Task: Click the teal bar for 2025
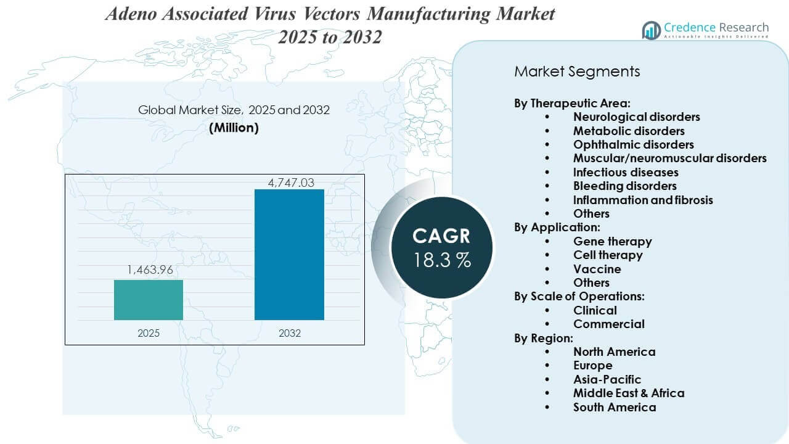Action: coord(148,300)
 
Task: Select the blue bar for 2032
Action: coord(289,254)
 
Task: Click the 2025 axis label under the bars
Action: coord(148,333)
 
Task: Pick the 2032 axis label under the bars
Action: coord(289,333)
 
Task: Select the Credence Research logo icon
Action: coord(651,30)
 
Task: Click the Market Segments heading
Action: coord(577,72)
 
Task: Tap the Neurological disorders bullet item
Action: coord(636,117)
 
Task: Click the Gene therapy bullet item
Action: coord(612,242)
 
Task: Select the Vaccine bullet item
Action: coord(597,269)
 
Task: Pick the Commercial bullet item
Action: coord(608,324)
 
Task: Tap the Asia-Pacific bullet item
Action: coord(607,379)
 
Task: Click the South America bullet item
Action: coord(614,407)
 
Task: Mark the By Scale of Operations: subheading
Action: coord(579,296)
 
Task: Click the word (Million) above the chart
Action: coord(234,128)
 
